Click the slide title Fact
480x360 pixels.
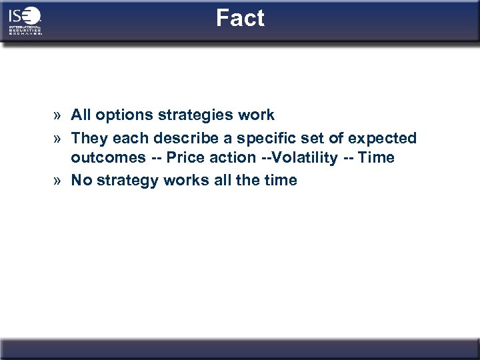240,18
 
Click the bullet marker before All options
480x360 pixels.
59,115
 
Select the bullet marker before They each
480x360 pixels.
59,137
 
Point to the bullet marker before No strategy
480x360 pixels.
59,181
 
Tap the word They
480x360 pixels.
89,137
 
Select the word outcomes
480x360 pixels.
103,159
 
